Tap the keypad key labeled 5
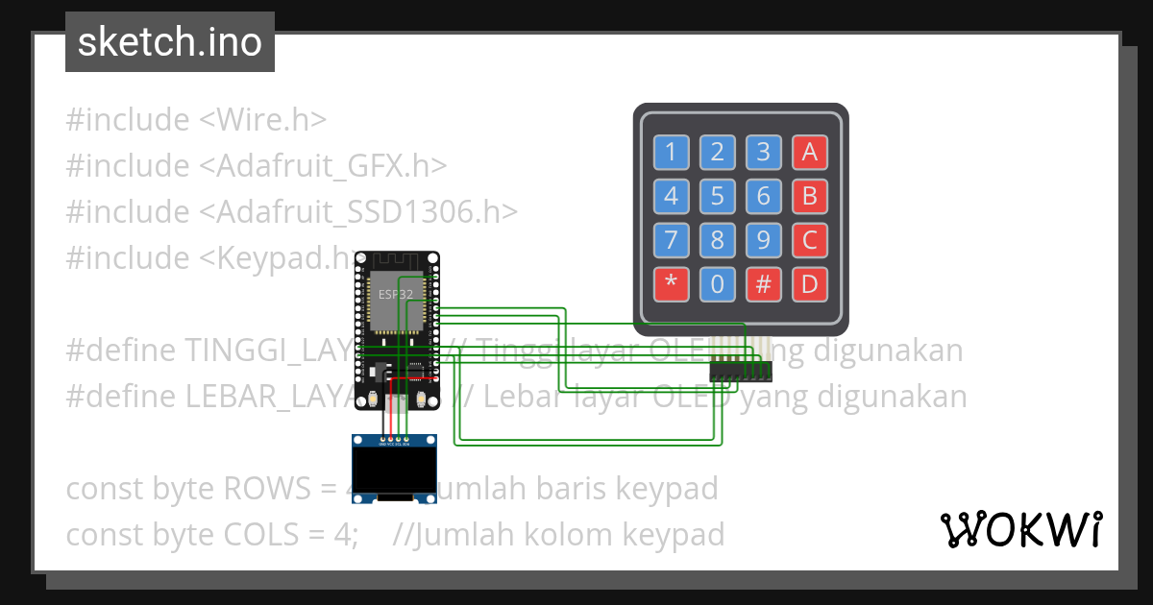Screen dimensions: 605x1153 (717, 197)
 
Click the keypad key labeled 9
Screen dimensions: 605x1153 (763, 240)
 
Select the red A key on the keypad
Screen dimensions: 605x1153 (809, 152)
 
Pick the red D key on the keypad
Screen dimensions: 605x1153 (809, 284)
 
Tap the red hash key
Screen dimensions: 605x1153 (763, 284)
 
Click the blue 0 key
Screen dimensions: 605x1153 (717, 284)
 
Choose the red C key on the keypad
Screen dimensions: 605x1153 (809, 240)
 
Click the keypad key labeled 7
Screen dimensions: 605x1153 (671, 240)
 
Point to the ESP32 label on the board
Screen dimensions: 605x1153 (396, 295)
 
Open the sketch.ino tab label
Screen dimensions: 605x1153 (170, 42)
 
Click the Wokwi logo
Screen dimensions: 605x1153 (1020, 529)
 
